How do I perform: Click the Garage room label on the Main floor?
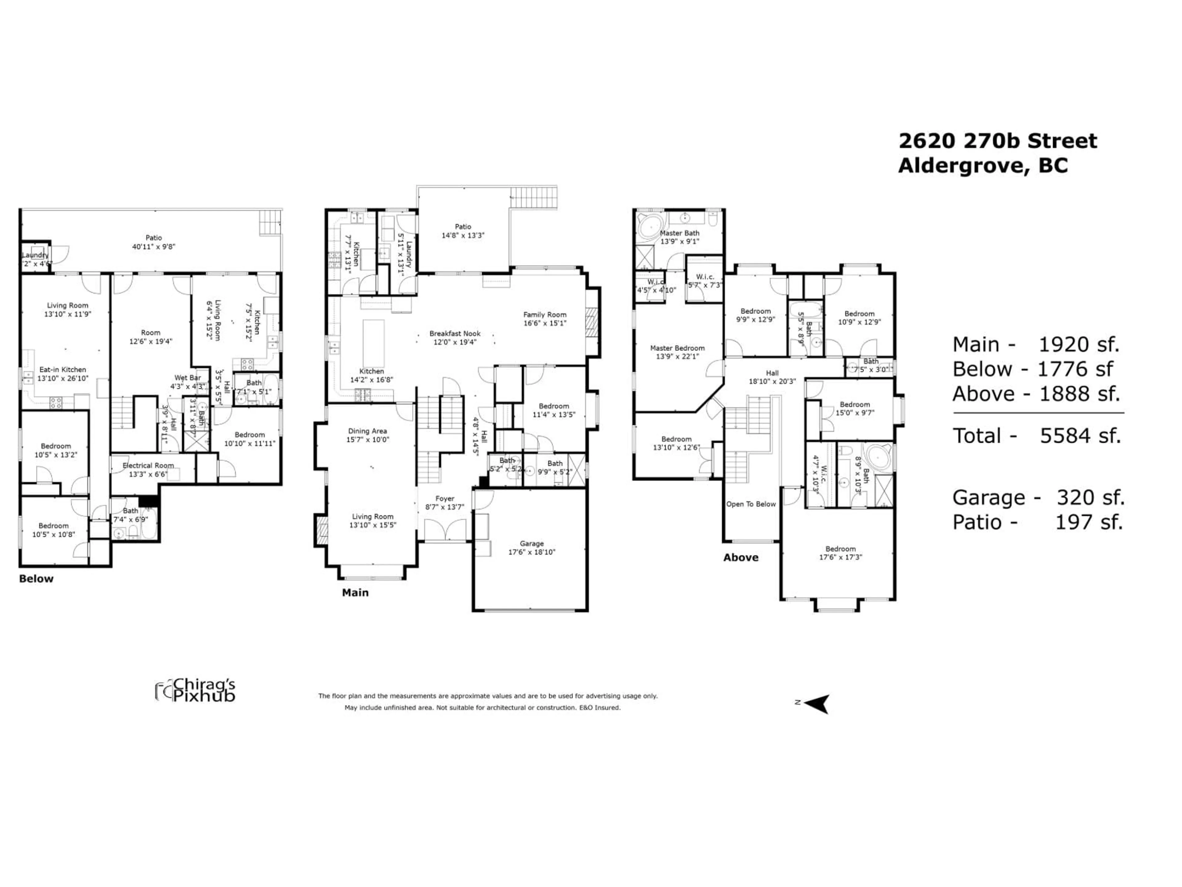coord(531,543)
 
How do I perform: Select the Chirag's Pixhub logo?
coord(195,690)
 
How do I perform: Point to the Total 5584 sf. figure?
coord(1037,436)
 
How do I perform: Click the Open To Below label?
coord(751,504)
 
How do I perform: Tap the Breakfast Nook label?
coord(455,334)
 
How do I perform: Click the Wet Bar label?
coord(187,378)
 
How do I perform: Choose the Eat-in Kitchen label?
coord(62,370)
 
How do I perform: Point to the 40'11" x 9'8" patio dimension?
coord(154,246)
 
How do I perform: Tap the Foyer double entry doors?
coord(444,529)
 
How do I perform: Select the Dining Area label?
coord(367,431)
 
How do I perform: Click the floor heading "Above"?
coord(741,558)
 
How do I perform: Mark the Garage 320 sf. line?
coord(1038,498)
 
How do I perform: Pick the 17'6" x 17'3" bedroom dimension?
coord(841,557)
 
